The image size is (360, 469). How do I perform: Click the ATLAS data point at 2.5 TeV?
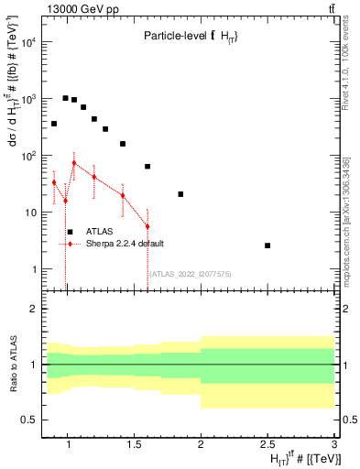(x=267, y=245)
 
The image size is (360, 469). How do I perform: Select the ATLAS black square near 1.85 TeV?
(x=180, y=194)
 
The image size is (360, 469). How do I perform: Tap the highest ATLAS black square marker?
(x=65, y=98)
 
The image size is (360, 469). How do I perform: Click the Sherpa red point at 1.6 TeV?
(x=147, y=226)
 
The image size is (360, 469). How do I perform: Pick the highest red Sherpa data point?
(x=74, y=163)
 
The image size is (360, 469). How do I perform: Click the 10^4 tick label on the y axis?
(x=29, y=42)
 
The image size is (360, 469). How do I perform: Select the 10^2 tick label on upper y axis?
(x=29, y=156)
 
